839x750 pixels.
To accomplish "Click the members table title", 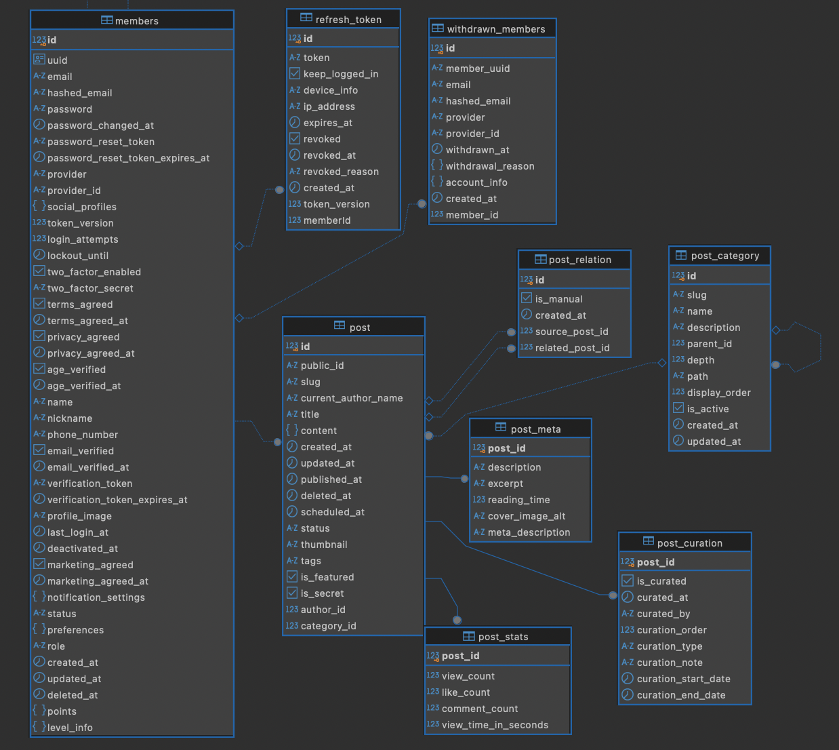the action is pos(137,21).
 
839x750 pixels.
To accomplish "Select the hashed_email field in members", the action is pos(79,93).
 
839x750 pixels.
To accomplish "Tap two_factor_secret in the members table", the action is pos(90,288).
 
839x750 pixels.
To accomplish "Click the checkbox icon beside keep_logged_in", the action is pos(294,73).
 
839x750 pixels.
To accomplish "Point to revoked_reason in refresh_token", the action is pos(341,172).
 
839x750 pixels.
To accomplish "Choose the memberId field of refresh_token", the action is pos(327,220).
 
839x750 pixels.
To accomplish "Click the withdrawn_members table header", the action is pos(496,29).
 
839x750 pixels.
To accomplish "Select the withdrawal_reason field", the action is pos(490,166).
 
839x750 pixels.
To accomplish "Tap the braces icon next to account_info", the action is pos(437,182).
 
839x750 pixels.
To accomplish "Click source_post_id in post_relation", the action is pos(571,332).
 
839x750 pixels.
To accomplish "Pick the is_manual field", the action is pos(558,299).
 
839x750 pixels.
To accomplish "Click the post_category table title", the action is pos(724,256).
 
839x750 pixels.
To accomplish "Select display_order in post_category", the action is pos(718,393).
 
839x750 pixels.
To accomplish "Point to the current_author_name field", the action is pos(352,398).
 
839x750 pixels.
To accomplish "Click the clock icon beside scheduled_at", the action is pos(292,511).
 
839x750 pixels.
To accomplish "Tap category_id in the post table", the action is pos(329,626).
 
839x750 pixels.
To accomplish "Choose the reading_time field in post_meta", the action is pos(519,500).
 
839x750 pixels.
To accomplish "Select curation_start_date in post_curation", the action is pos(683,679).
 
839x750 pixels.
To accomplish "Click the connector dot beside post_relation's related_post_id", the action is pos(512,349).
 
